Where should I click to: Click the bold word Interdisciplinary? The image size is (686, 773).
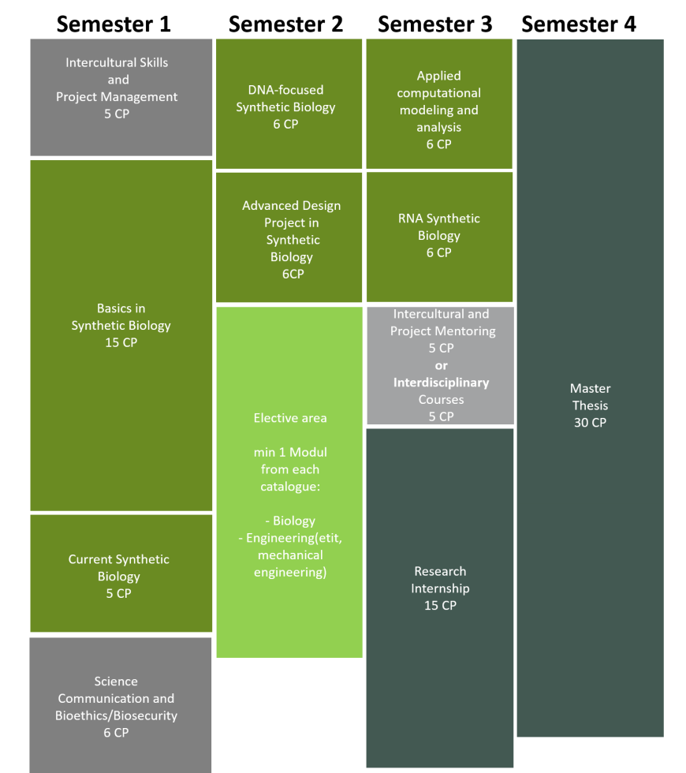point(442,383)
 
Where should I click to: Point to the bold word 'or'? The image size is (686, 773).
point(442,365)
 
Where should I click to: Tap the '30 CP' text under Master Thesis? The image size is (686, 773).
point(591,423)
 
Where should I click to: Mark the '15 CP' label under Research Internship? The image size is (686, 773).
point(440,606)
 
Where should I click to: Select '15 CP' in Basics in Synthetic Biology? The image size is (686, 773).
point(121,342)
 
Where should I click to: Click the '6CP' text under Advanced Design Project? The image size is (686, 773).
point(293,274)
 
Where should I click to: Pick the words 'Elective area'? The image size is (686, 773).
point(290,418)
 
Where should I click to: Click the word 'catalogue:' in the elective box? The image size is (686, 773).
point(290,487)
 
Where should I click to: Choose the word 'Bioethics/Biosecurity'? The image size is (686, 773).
point(117,715)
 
